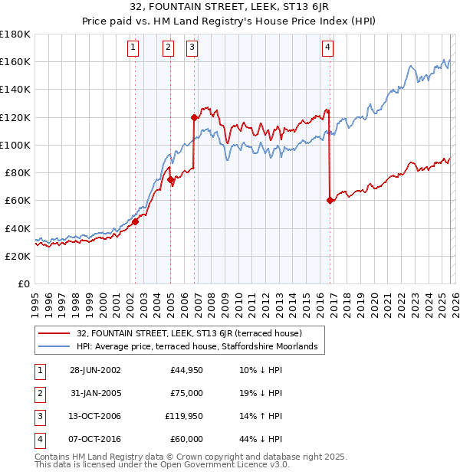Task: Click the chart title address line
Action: point(229,8)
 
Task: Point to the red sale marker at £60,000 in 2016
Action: point(330,200)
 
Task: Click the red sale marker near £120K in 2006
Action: point(194,117)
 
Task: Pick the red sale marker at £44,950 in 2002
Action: point(136,221)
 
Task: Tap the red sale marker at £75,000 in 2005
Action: point(170,180)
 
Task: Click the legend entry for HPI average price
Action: point(198,347)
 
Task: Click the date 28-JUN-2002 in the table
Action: point(95,370)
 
